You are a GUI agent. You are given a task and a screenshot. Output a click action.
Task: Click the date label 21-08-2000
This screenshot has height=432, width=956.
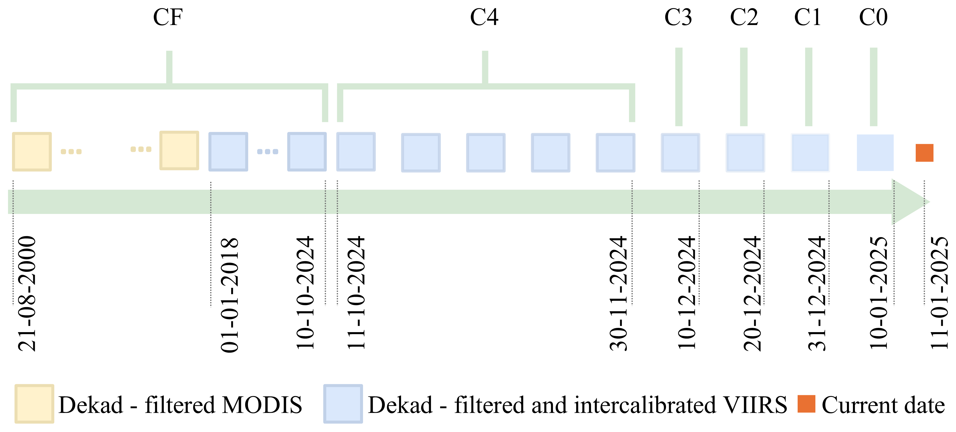click(27, 293)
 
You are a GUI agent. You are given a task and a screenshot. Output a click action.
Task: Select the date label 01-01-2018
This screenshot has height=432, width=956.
click(229, 295)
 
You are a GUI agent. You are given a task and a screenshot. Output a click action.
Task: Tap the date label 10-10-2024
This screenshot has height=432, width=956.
click(305, 292)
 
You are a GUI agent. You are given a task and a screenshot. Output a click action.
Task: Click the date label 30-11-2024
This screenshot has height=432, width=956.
click(618, 293)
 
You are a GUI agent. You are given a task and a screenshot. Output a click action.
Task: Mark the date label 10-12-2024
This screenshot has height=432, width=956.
click(686, 292)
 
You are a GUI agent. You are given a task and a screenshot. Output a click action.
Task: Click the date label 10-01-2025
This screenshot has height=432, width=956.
click(878, 292)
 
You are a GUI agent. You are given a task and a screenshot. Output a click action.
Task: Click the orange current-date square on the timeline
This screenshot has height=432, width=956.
click(924, 152)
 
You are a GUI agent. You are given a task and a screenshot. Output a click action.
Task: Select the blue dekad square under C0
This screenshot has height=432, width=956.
click(875, 152)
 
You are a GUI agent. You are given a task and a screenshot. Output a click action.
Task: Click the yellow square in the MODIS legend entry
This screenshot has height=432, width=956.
click(34, 404)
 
